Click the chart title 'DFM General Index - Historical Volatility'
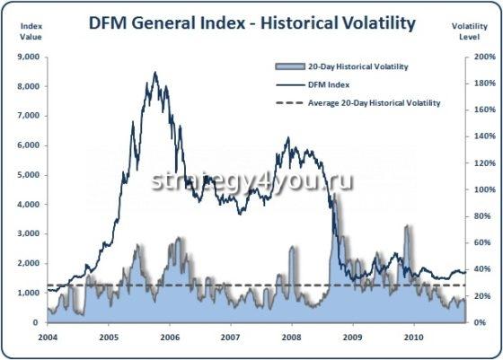tap(251, 22)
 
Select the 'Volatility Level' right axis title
tap(472, 31)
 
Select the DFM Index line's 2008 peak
tap(287, 139)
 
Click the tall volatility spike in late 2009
tap(409, 228)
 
